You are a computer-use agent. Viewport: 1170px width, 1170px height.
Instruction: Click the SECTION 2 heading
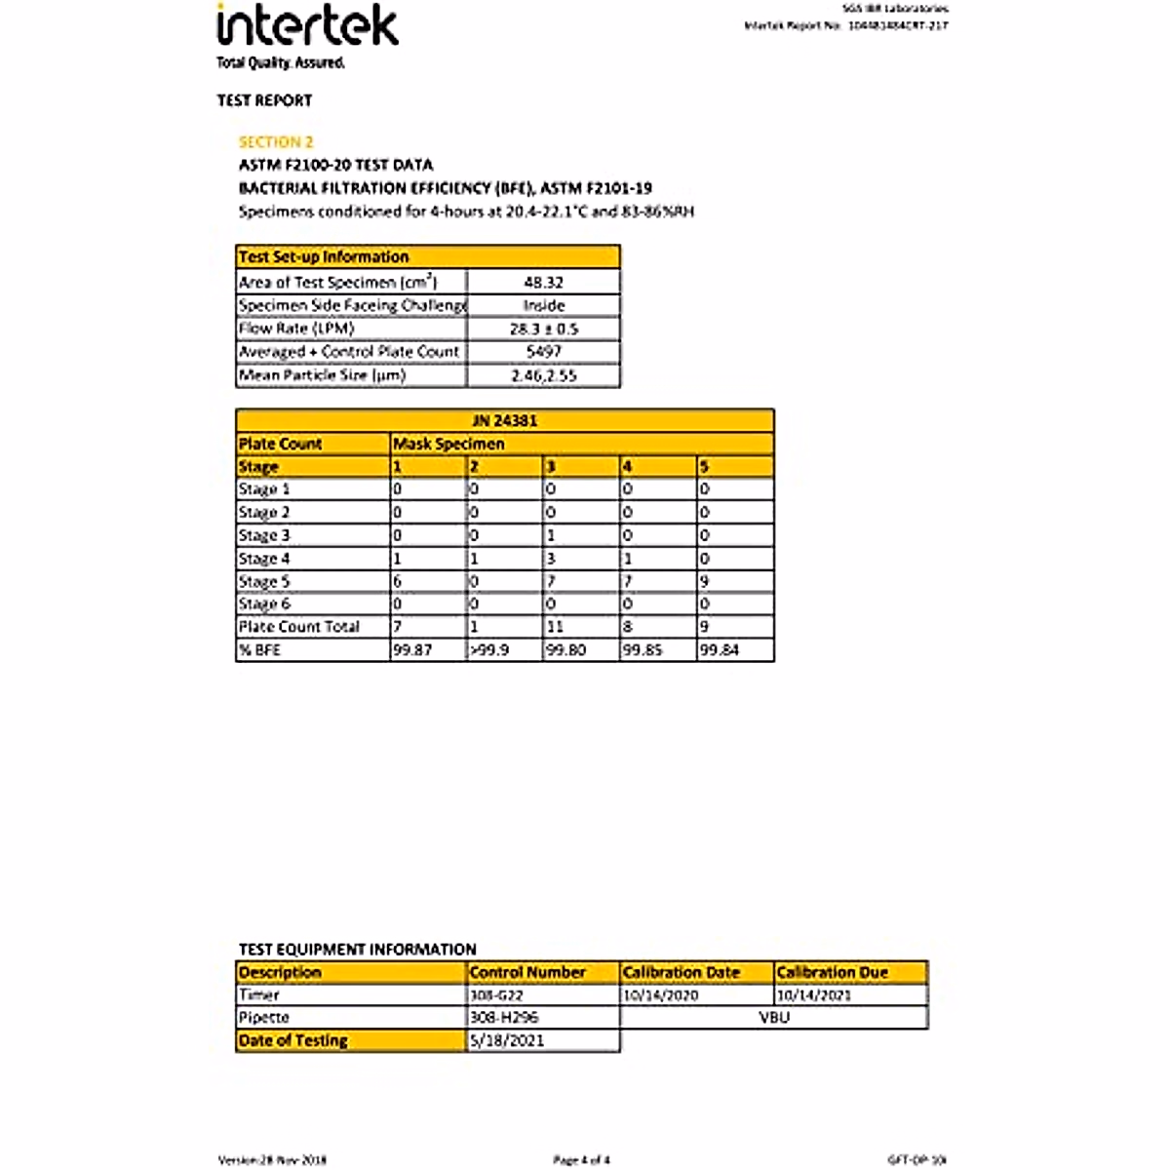pyautogui.click(x=276, y=142)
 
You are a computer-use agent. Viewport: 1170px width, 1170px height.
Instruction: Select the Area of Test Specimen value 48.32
pyautogui.click(x=543, y=282)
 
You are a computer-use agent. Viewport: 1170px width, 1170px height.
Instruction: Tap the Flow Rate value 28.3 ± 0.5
pyautogui.click(x=543, y=329)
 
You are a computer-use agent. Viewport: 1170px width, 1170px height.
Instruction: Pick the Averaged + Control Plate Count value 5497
pyautogui.click(x=543, y=351)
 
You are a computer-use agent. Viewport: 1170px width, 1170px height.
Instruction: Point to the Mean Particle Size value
pyautogui.click(x=543, y=375)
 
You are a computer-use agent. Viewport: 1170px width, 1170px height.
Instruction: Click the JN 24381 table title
pyautogui.click(x=504, y=421)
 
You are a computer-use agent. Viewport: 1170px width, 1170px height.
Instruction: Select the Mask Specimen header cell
pyautogui.click(x=448, y=444)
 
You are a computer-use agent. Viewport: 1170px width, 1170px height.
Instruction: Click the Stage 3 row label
pyautogui.click(x=264, y=535)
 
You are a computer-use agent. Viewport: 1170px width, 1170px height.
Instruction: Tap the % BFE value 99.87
pyautogui.click(x=412, y=649)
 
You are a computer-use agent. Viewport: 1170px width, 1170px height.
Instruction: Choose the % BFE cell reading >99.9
pyautogui.click(x=489, y=649)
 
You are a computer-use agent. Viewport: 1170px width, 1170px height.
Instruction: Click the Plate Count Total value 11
pyautogui.click(x=555, y=627)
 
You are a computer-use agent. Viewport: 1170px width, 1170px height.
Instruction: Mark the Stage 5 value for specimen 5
pyautogui.click(x=705, y=581)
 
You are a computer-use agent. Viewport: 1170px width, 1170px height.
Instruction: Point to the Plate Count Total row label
pyautogui.click(x=299, y=627)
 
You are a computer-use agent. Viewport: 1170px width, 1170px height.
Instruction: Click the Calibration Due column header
pyautogui.click(x=832, y=972)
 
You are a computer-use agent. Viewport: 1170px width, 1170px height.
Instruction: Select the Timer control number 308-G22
pyautogui.click(x=496, y=995)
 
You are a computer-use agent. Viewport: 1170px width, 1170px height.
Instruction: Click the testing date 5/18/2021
pyautogui.click(x=507, y=1040)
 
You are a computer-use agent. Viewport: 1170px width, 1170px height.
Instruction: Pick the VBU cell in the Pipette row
pyautogui.click(x=774, y=1017)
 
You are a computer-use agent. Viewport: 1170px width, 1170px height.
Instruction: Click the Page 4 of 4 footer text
pyautogui.click(x=581, y=1159)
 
